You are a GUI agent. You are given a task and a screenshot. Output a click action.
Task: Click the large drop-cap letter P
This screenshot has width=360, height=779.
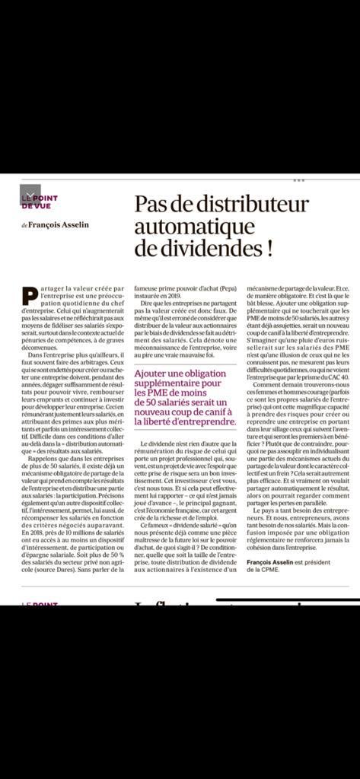[x=29, y=297]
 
